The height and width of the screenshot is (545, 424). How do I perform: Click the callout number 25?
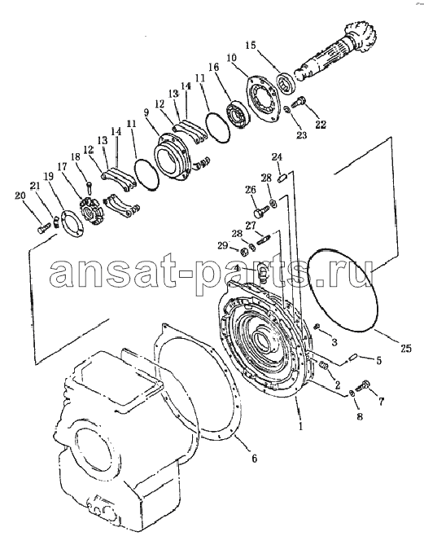[405, 347]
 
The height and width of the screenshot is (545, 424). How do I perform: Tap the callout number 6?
[254, 459]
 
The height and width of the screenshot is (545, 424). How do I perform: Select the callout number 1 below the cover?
[301, 426]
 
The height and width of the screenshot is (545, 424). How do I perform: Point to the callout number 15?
[251, 46]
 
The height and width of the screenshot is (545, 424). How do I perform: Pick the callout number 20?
[20, 196]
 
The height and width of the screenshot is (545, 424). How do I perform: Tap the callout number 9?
[146, 112]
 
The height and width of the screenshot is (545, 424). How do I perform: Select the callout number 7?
[382, 402]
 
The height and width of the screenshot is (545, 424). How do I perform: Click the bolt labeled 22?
[298, 102]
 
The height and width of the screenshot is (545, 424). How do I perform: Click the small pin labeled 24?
[282, 178]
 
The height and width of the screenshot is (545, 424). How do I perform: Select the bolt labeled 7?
[363, 385]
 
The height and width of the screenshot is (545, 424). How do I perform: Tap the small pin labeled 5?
[353, 356]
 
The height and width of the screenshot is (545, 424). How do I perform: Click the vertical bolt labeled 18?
[90, 188]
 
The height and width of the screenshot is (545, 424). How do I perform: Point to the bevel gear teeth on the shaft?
[356, 37]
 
